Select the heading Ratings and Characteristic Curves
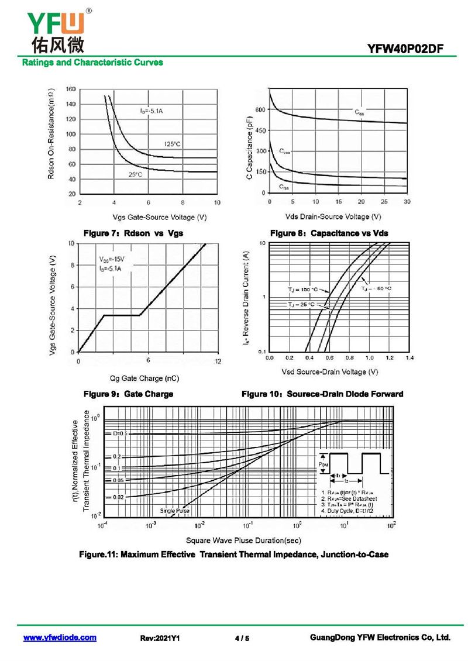click(92, 62)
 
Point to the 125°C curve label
click(172, 144)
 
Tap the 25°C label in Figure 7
click(135, 174)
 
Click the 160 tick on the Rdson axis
click(71, 89)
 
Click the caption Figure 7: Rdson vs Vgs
click(133, 233)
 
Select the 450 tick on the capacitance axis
click(259, 130)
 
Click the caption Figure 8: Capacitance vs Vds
click(333, 233)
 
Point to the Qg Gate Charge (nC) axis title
click(144, 378)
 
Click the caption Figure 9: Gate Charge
click(129, 394)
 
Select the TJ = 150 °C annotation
click(302, 290)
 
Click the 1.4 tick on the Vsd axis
click(409, 357)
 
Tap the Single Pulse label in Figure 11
click(175, 511)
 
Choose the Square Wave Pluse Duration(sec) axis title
click(243, 540)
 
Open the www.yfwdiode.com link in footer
click(60, 638)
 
